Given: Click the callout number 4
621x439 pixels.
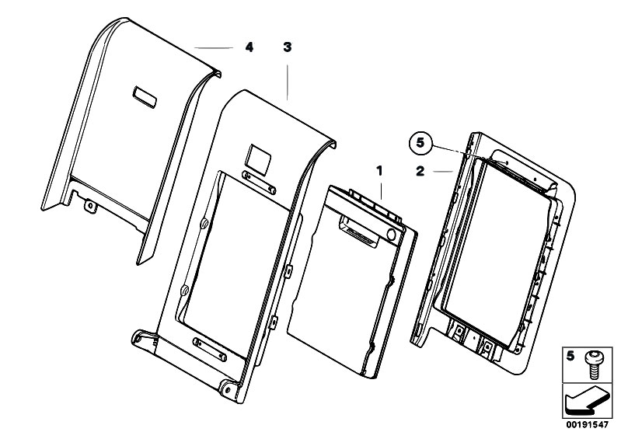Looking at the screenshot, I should coord(249,47).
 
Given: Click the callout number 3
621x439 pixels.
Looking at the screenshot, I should coord(288,47).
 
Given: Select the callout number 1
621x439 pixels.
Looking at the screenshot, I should coord(380,168).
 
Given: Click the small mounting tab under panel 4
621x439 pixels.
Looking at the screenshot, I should coord(91,205).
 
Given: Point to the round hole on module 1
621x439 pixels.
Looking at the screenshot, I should coord(391,233).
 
